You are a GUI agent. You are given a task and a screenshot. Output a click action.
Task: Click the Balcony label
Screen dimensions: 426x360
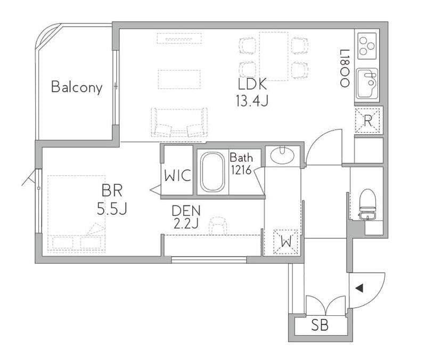click(77, 87)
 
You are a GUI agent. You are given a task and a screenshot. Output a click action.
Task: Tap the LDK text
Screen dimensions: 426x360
click(252, 84)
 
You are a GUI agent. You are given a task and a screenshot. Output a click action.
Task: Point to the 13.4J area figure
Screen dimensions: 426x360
click(252, 101)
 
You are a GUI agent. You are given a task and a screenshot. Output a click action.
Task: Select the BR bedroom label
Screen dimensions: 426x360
click(112, 191)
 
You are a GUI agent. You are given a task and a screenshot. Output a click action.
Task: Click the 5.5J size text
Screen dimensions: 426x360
click(112, 209)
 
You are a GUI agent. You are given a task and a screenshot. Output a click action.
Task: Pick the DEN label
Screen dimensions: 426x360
click(186, 210)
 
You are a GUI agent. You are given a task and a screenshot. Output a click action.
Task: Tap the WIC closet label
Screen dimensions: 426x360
click(177, 176)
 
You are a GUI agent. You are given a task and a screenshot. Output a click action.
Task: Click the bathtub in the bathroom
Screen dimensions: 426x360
click(212, 171)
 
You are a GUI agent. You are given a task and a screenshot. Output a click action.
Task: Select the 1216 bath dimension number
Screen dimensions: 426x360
click(241, 170)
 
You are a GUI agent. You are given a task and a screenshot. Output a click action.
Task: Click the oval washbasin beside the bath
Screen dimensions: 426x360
click(282, 156)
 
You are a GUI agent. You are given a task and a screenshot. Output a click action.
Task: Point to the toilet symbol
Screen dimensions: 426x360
click(367, 204)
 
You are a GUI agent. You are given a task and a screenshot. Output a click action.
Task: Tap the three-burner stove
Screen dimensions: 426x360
click(367, 46)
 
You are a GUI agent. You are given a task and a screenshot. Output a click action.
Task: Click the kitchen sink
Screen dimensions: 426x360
click(367, 83)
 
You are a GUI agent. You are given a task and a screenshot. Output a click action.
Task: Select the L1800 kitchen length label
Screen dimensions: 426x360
click(345, 68)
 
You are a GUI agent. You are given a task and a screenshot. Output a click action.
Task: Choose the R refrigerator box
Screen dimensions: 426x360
click(367, 120)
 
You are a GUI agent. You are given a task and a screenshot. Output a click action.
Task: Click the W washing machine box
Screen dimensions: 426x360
click(286, 242)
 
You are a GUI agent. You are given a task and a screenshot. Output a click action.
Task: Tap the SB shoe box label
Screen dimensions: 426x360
click(319, 325)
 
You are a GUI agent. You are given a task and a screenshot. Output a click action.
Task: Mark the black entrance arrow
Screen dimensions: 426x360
click(359, 288)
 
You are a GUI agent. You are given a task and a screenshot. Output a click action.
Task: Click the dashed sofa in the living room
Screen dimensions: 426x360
click(179, 122)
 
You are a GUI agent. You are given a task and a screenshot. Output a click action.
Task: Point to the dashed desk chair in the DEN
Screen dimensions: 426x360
click(218, 225)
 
